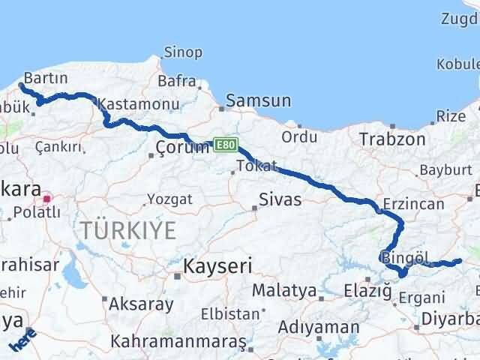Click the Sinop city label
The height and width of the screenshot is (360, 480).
[x=183, y=52]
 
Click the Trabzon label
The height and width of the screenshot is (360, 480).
[x=391, y=139]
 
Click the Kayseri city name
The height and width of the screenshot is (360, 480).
[x=218, y=266]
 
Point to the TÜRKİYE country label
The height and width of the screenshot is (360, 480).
[x=129, y=230]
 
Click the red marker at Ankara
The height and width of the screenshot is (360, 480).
[x=47, y=199]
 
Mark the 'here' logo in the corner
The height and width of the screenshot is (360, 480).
[x=22, y=341]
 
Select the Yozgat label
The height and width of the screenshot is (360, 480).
[x=169, y=199]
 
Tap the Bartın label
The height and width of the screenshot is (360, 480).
[x=46, y=78]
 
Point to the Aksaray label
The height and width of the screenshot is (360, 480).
[x=141, y=304]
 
